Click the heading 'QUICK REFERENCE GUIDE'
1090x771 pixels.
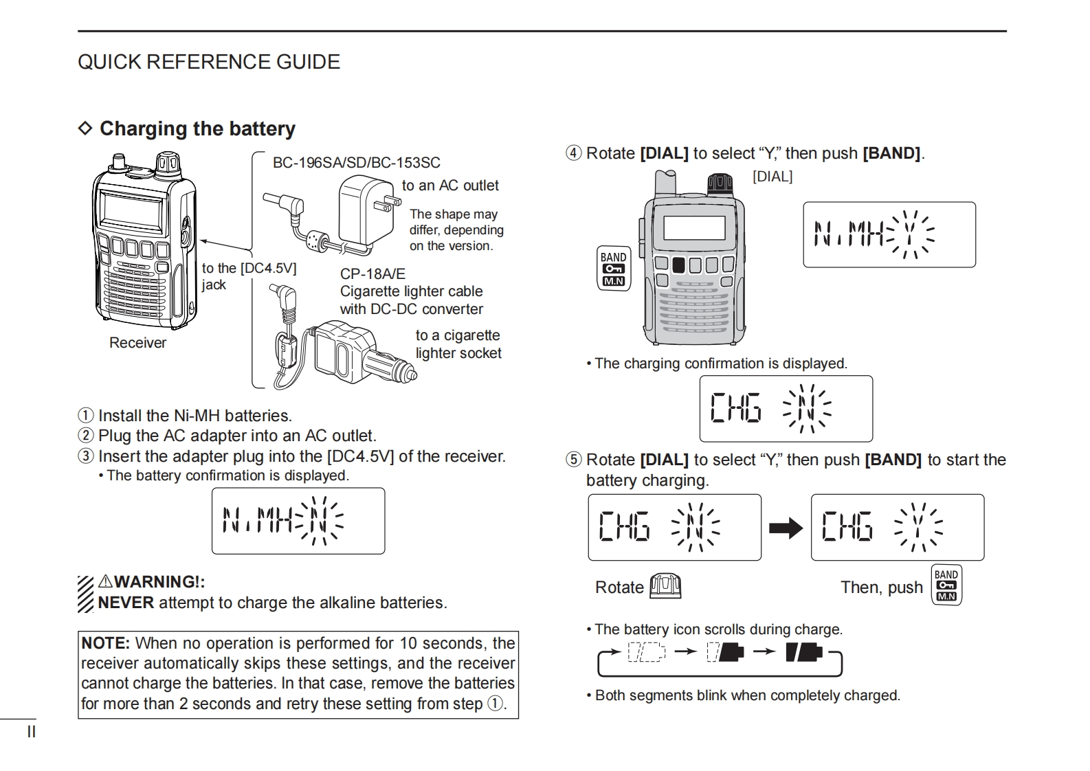[x=208, y=62]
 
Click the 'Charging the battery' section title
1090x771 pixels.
[x=197, y=128]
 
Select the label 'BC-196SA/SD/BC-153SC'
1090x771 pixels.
[x=356, y=163]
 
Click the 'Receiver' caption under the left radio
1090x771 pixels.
[x=137, y=343]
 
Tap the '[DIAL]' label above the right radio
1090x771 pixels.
[x=772, y=177]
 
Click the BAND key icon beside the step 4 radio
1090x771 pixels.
[x=613, y=268]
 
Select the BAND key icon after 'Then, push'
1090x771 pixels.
[x=946, y=585]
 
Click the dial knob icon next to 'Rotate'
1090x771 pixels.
[x=665, y=586]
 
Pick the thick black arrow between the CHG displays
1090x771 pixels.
[x=786, y=528]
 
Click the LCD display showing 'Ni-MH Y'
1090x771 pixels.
[x=889, y=234]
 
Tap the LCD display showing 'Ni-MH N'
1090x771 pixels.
[x=298, y=521]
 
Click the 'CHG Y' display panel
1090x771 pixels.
[x=897, y=528]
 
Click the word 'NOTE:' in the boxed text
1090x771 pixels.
[x=105, y=643]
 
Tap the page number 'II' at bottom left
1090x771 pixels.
[x=31, y=732]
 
